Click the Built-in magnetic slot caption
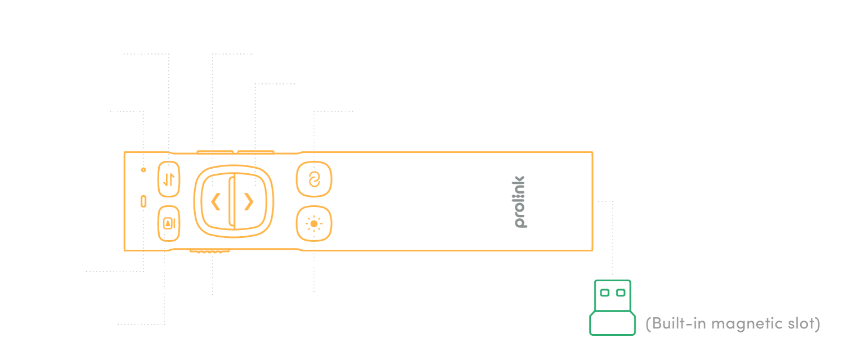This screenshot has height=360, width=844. (x=732, y=325)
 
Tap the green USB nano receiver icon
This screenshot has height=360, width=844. (x=612, y=307)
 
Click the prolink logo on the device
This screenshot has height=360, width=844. (x=521, y=201)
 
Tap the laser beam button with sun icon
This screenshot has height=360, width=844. (x=314, y=224)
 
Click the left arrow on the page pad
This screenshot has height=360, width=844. (x=215, y=201)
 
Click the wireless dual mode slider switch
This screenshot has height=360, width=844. (x=169, y=179)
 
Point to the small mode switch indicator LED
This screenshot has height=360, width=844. (x=143, y=169)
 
